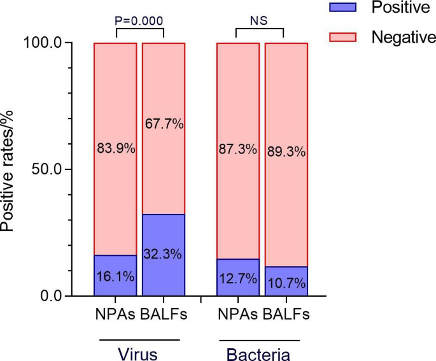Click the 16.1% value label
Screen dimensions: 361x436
[x=115, y=278]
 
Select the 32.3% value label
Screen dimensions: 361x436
[x=164, y=254]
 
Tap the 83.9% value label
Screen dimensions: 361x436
[x=115, y=150]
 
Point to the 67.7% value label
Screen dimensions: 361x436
[x=164, y=124]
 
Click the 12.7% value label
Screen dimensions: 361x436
[x=237, y=278]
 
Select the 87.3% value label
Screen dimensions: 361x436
[x=237, y=150]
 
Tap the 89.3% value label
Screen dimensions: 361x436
[x=286, y=152]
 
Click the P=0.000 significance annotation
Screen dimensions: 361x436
[x=139, y=19]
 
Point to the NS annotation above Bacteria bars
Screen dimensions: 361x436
[x=259, y=19]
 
